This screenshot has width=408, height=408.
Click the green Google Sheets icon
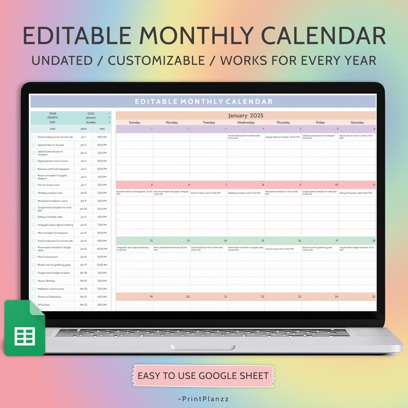[x=25, y=328]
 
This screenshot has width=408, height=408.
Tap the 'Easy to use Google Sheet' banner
[x=203, y=376]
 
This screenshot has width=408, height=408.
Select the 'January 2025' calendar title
[x=246, y=116]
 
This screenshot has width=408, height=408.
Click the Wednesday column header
[x=246, y=123]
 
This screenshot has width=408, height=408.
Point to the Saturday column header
[x=357, y=123]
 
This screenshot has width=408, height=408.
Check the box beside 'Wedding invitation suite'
[x=34, y=193]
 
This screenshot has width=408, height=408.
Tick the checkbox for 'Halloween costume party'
[x=34, y=289]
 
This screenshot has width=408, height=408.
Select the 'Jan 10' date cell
[x=83, y=209]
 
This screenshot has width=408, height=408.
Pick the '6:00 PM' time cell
[x=102, y=217]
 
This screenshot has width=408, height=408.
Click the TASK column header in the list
[x=52, y=129]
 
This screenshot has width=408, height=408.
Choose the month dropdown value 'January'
[x=90, y=118]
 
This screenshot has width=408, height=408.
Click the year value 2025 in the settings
[x=91, y=113]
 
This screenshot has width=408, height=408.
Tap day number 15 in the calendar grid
[x=262, y=240]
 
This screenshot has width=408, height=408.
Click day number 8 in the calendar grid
[x=263, y=184]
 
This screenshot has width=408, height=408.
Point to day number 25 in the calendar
[x=374, y=296]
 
